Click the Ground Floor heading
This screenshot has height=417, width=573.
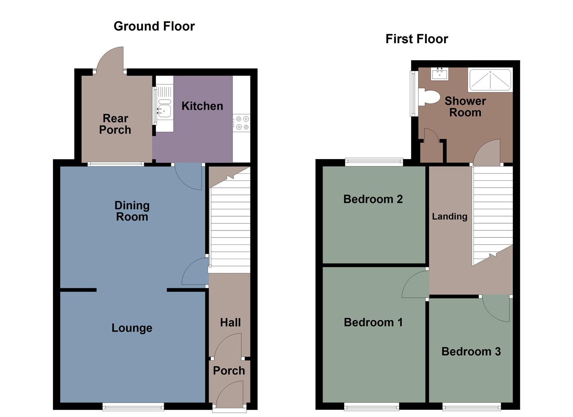click(x=154, y=26)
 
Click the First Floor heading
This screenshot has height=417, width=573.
click(x=416, y=39)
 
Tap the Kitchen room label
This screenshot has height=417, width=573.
click(x=202, y=106)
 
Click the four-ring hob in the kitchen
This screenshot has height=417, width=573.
click(x=242, y=123)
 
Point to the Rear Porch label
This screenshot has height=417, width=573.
click(x=115, y=124)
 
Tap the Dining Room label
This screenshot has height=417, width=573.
click(x=132, y=211)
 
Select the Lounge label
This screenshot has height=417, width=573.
click(x=132, y=328)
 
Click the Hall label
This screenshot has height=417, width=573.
click(x=230, y=322)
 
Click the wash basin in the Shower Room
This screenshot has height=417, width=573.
click(x=439, y=73)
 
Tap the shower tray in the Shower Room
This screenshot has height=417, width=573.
click(x=490, y=80)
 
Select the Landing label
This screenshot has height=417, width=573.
click(x=450, y=217)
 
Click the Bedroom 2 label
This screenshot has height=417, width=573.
click(x=373, y=199)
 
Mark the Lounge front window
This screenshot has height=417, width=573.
click(x=133, y=406)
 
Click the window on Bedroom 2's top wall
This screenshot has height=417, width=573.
click(x=374, y=162)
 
